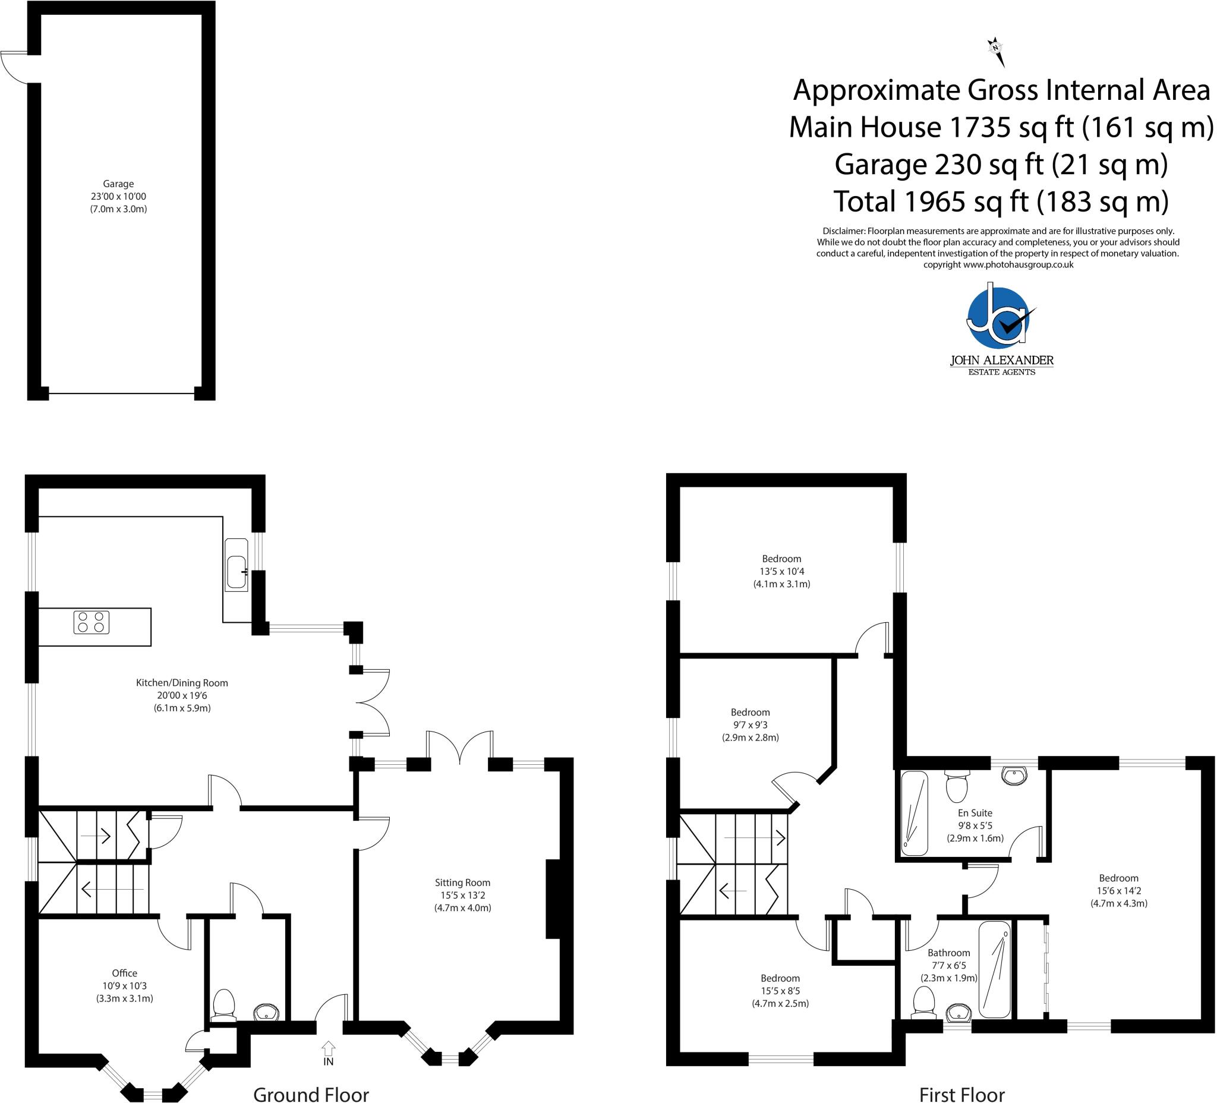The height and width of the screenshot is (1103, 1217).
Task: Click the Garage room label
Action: tap(118, 196)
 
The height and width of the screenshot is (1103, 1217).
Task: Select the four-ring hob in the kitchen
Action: tap(92, 622)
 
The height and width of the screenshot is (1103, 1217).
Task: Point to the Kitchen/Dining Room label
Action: tap(182, 695)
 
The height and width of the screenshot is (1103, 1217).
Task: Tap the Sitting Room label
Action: tap(463, 896)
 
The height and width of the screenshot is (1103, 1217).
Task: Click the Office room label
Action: tap(124, 986)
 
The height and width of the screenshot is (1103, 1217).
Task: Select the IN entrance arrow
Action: tap(329, 1054)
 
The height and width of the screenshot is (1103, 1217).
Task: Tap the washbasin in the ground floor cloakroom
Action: tap(266, 1012)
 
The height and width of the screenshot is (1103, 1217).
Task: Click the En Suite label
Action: tap(975, 825)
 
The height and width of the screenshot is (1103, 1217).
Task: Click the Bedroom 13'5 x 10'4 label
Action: tap(782, 571)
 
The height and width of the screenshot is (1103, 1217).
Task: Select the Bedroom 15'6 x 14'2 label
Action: tap(1118, 890)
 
